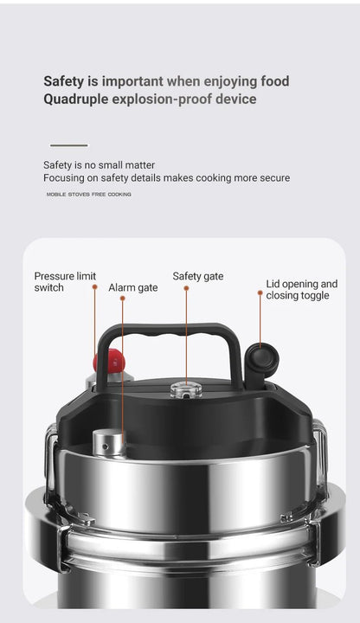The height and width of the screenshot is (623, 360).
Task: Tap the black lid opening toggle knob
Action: [x=261, y=356]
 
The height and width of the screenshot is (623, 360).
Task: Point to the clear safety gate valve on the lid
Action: [x=185, y=390]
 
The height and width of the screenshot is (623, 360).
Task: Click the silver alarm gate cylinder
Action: [x=109, y=443]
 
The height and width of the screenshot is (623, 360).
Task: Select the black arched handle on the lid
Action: [x=170, y=334]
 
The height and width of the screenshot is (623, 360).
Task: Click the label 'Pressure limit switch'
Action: [x=65, y=281]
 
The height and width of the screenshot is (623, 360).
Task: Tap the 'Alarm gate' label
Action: [x=132, y=287]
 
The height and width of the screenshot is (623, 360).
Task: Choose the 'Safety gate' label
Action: [x=197, y=276]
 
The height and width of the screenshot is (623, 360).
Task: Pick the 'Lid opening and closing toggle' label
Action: [x=301, y=289]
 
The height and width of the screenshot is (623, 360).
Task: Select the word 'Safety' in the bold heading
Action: [x=64, y=80]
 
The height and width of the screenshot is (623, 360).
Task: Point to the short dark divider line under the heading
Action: [x=68, y=145]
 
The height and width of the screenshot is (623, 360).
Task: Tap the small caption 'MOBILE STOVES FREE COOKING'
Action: [x=88, y=195]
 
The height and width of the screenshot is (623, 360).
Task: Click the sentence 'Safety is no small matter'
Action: [x=99, y=164]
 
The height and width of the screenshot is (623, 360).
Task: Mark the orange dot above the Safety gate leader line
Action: [x=185, y=288]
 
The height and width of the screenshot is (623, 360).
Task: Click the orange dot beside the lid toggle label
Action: [x=260, y=293]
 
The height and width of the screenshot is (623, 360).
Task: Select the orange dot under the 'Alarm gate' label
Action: [x=123, y=299]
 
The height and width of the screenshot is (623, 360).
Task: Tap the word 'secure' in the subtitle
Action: [x=273, y=177]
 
